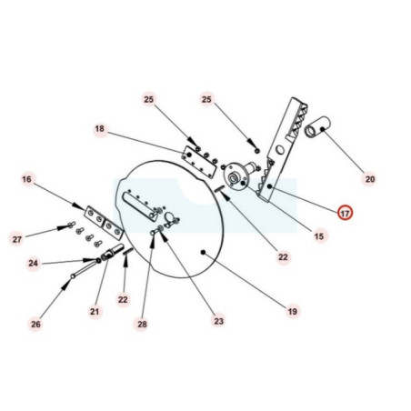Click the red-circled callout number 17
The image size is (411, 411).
pos(345,214)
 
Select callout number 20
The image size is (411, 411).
pos(370,179)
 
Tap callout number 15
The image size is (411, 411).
pos(319,236)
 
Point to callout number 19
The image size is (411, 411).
pos(293,312)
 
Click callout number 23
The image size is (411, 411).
pos(218,321)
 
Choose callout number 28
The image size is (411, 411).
pos(142,325)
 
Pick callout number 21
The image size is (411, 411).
pos(95,311)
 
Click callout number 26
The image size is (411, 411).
pos(35,325)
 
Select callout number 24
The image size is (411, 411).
pos(34,263)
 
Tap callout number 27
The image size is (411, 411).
pos(17,239)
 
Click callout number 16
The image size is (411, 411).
pos(26,179)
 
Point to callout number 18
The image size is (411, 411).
pos(99,129)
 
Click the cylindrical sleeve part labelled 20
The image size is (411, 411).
pos(317,126)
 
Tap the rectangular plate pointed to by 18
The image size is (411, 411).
pos(199,161)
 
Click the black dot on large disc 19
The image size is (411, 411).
pos(203,252)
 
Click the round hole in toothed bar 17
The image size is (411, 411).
pos(280,150)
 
